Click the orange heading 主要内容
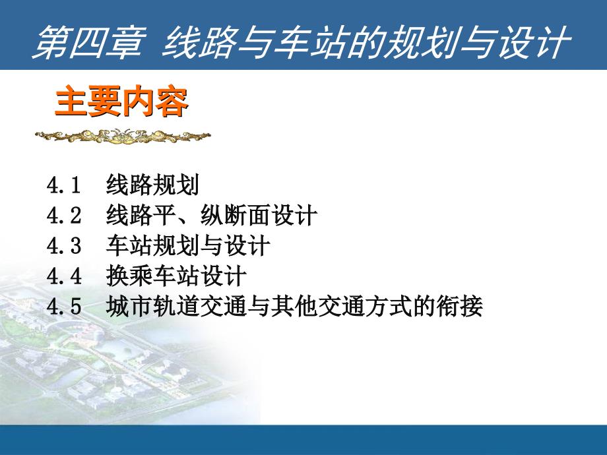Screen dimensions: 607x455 [x=121, y=102]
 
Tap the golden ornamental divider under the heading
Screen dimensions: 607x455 [x=123, y=136]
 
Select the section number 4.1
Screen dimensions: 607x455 [x=63, y=185]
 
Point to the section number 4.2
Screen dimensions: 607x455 [x=63, y=215]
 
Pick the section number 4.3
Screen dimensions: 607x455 [x=63, y=246]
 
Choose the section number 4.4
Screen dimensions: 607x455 [x=63, y=276]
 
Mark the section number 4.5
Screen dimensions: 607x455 [x=63, y=307]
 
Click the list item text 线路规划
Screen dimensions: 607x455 [x=152, y=185]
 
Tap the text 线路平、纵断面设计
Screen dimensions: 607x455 [x=212, y=215]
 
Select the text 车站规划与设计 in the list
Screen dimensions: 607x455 [x=188, y=246]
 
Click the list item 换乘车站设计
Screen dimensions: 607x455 [x=176, y=276]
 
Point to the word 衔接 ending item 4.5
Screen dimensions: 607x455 [x=459, y=307]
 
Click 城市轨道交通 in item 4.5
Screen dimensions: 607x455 [x=176, y=307]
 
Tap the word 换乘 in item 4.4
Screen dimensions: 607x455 [x=129, y=276]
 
